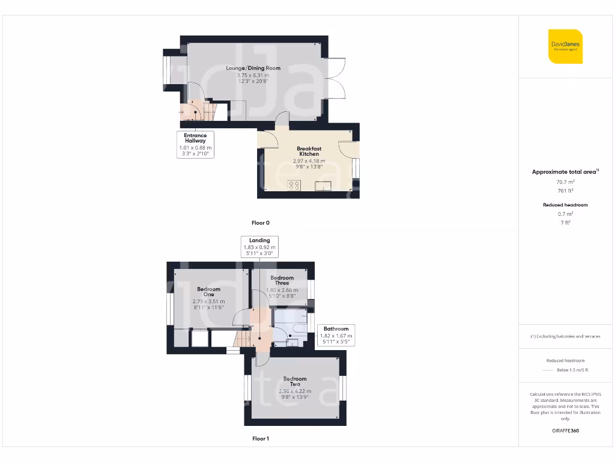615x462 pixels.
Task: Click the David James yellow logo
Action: pyautogui.click(x=565, y=46)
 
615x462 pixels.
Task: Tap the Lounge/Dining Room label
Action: pyautogui.click(x=253, y=68)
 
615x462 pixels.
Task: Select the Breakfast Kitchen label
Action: pyautogui.click(x=309, y=151)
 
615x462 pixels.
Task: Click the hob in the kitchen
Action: pyautogui.click(x=294, y=186)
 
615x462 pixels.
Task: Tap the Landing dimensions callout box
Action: pyautogui.click(x=259, y=247)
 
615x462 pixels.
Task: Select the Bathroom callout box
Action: pyautogui.click(x=336, y=335)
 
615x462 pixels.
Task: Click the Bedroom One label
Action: pyautogui.click(x=208, y=292)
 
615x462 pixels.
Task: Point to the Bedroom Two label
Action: pyautogui.click(x=295, y=381)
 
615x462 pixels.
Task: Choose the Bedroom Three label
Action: pyautogui.click(x=282, y=280)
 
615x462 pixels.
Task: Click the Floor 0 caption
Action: pyautogui.click(x=260, y=223)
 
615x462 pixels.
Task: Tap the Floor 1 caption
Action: pyautogui.click(x=260, y=439)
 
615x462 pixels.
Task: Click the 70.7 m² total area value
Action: pyautogui.click(x=565, y=181)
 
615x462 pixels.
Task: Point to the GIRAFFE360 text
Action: pyautogui.click(x=565, y=431)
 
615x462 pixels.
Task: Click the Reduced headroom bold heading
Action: pyautogui.click(x=565, y=205)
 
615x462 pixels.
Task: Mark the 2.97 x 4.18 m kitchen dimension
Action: pyautogui.click(x=309, y=161)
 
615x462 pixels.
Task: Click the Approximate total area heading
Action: pyautogui.click(x=565, y=172)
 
